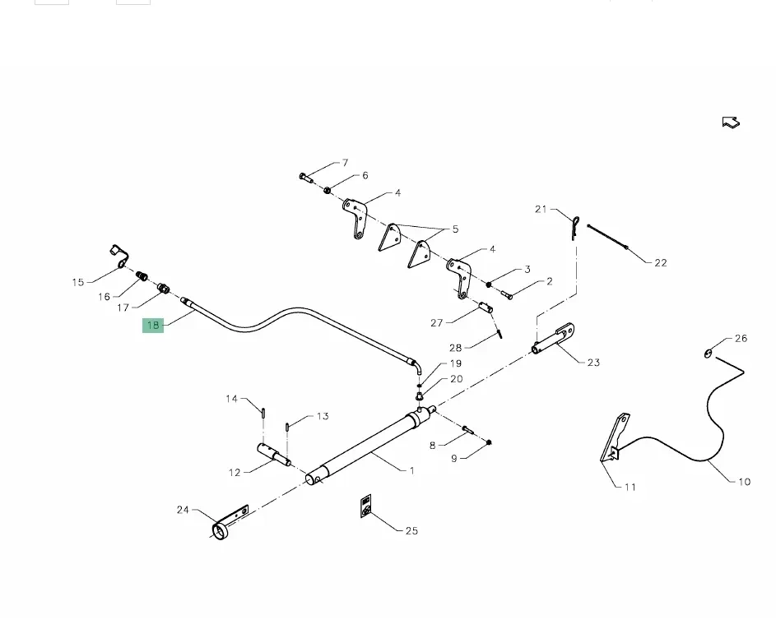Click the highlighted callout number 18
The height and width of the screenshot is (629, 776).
153,325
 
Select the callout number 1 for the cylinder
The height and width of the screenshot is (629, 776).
411,470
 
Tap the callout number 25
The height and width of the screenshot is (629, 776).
411,530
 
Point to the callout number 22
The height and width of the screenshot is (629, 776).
661,262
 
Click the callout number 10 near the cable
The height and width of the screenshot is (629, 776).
744,481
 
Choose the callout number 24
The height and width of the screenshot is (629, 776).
183,510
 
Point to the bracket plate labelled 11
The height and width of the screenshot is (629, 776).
616,440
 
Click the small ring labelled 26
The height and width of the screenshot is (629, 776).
709,354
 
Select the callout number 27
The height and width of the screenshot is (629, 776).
437,323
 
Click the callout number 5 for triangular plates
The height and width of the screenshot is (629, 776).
455,229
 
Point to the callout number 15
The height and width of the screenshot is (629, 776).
78,282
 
